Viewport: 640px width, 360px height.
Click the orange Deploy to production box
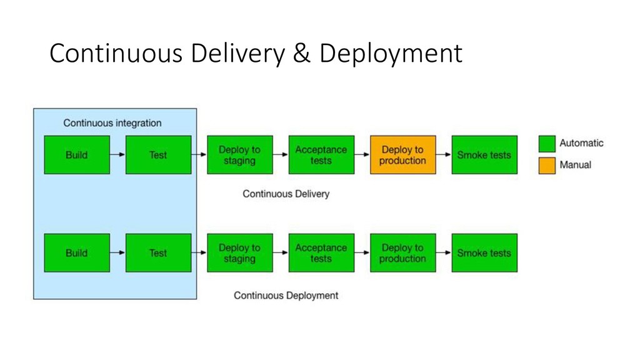[402, 155]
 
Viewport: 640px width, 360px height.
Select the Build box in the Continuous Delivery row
[76, 155]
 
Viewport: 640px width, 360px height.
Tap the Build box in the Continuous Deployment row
[76, 253]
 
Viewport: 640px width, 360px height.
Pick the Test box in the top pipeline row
[158, 155]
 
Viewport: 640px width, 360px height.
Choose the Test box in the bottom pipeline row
[158, 253]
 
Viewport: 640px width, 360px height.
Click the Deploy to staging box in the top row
[239, 155]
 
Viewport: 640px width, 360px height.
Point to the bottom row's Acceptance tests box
[321, 253]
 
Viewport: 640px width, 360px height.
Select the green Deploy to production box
[402, 253]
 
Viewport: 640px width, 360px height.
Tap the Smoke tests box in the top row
[484, 155]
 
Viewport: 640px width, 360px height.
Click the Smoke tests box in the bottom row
[484, 253]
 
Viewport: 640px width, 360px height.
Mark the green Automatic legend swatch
[547, 144]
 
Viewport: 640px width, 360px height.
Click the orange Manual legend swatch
[547, 166]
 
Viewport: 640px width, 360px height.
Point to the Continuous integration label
[112, 123]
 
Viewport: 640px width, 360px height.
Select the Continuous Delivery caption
[286, 194]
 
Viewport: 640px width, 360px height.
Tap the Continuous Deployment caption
[286, 295]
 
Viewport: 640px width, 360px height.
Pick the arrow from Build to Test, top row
[117, 155]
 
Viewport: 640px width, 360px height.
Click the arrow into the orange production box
[362, 155]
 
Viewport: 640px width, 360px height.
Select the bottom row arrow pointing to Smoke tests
[443, 253]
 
